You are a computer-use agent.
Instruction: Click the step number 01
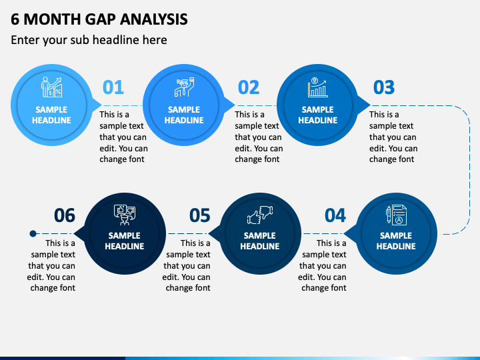(x=113, y=87)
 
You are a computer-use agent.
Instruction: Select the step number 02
(x=249, y=87)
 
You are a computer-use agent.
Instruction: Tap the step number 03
(x=384, y=87)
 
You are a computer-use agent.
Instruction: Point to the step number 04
(x=335, y=215)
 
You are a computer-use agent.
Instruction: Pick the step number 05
(x=200, y=215)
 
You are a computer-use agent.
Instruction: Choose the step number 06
(x=65, y=215)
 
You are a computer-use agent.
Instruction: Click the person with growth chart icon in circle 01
(x=52, y=87)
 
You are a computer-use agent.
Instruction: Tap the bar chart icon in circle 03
(x=318, y=87)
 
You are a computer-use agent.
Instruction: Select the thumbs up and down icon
(x=260, y=215)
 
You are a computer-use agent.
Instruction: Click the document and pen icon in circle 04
(x=397, y=215)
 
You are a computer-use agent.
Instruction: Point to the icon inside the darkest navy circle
(x=124, y=215)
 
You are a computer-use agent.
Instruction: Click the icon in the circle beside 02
(x=184, y=87)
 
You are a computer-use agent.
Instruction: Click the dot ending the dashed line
(x=33, y=234)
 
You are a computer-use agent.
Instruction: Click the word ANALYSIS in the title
(x=154, y=19)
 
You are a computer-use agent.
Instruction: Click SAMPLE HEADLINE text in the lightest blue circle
(x=51, y=115)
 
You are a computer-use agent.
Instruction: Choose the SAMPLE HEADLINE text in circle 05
(x=260, y=241)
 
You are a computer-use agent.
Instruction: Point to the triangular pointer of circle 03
(x=364, y=105)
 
